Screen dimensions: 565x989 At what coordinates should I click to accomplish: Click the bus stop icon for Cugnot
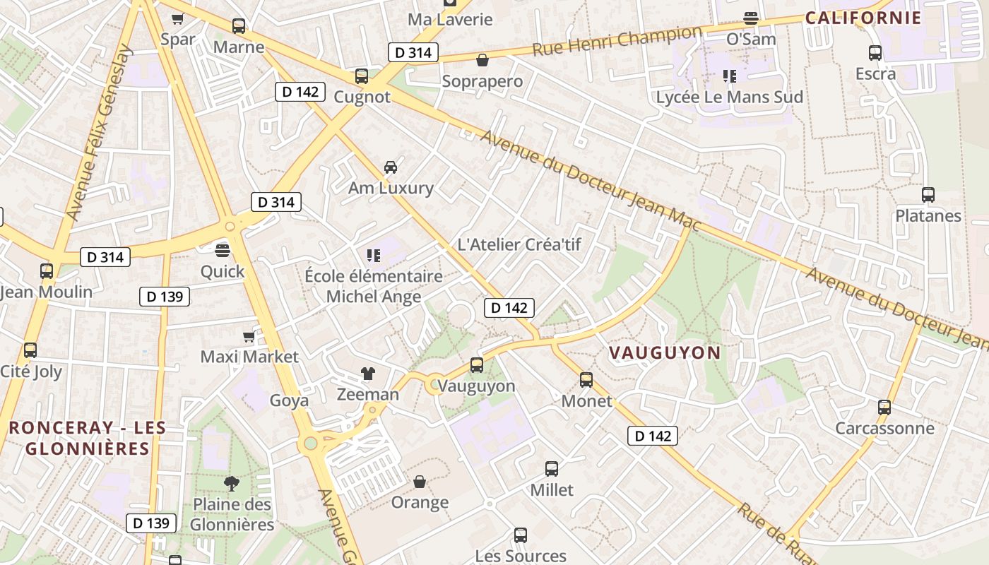[x=362, y=76]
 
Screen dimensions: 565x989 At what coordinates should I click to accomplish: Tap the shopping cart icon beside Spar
[x=177, y=19]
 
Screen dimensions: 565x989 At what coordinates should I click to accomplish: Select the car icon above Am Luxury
[x=390, y=167]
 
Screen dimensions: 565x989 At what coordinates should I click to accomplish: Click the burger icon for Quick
[x=223, y=250]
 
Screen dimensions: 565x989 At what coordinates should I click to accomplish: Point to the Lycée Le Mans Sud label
[x=729, y=97]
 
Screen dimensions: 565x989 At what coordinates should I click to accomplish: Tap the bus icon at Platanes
[x=928, y=195]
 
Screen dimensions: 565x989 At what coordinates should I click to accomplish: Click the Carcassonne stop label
[x=884, y=428]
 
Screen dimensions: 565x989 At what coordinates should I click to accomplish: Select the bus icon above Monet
[x=586, y=380]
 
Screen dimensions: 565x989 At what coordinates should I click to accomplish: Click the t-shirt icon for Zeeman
[x=367, y=374]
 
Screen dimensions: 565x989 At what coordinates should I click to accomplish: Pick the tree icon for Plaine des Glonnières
[x=231, y=484]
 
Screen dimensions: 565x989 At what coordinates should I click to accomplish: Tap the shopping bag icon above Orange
[x=420, y=482]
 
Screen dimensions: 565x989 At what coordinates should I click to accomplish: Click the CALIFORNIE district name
[x=863, y=18]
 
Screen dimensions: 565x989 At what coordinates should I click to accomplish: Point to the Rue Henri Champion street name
[x=617, y=41]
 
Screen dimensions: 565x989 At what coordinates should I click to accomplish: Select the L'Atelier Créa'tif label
[x=519, y=244]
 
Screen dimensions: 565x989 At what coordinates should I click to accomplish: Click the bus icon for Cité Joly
[x=30, y=350]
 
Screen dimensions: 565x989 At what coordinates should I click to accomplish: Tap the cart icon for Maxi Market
[x=249, y=336]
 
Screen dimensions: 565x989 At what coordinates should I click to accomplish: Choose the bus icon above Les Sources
[x=521, y=535]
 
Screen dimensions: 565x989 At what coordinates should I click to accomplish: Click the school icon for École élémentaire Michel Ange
[x=374, y=255]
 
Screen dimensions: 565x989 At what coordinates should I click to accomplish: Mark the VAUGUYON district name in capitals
[x=665, y=352]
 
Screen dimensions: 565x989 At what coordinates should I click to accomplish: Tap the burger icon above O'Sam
[x=751, y=18]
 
